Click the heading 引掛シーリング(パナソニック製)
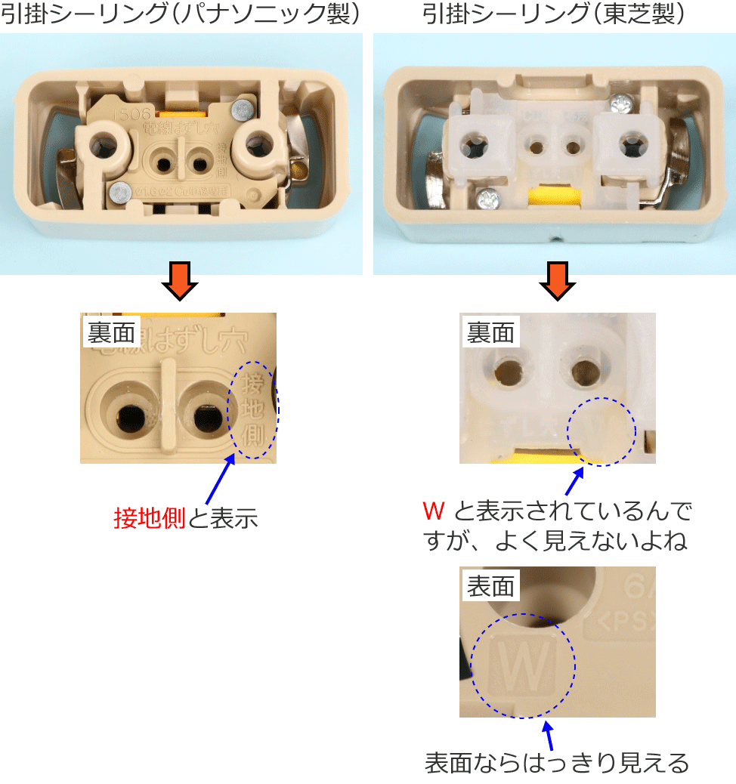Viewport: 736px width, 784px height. coord(180,14)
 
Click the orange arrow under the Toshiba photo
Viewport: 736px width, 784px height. coord(558,282)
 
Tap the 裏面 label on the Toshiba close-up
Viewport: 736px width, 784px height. coord(490,333)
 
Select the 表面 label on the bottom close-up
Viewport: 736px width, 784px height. coord(490,587)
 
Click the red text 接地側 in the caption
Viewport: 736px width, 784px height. coord(149,518)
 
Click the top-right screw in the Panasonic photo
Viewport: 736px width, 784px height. coord(243,110)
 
